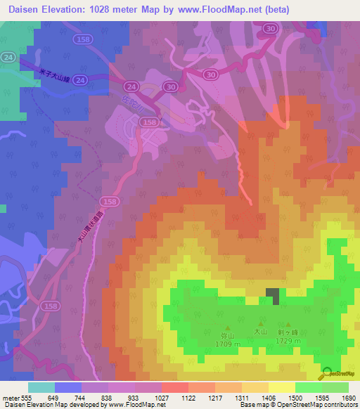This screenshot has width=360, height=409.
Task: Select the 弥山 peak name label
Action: point(227,336)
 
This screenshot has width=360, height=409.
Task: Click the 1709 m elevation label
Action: point(227,344)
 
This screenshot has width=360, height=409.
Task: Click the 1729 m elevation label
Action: point(288,341)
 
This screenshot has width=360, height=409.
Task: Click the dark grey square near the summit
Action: point(272,296)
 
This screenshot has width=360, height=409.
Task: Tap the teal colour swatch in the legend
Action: point(41,387)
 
